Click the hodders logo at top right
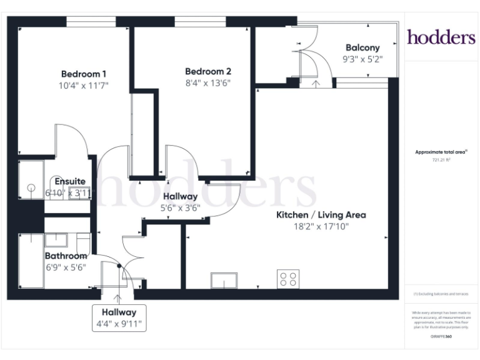pos(441,37)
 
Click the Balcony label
pos(362,47)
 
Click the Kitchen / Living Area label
pos(321,215)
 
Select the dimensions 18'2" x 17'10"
pos(321,226)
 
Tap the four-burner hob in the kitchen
pos(287,279)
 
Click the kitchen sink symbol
pos(224,281)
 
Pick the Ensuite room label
pos(69,182)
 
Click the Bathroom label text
pos(66,256)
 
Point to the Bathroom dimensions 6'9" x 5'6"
pos(66,267)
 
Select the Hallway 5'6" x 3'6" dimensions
pos(180,208)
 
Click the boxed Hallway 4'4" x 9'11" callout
pos(119,317)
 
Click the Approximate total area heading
pos(441,152)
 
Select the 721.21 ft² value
pos(441,160)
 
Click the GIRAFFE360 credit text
pos(441,337)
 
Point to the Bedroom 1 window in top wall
pos(91,22)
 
